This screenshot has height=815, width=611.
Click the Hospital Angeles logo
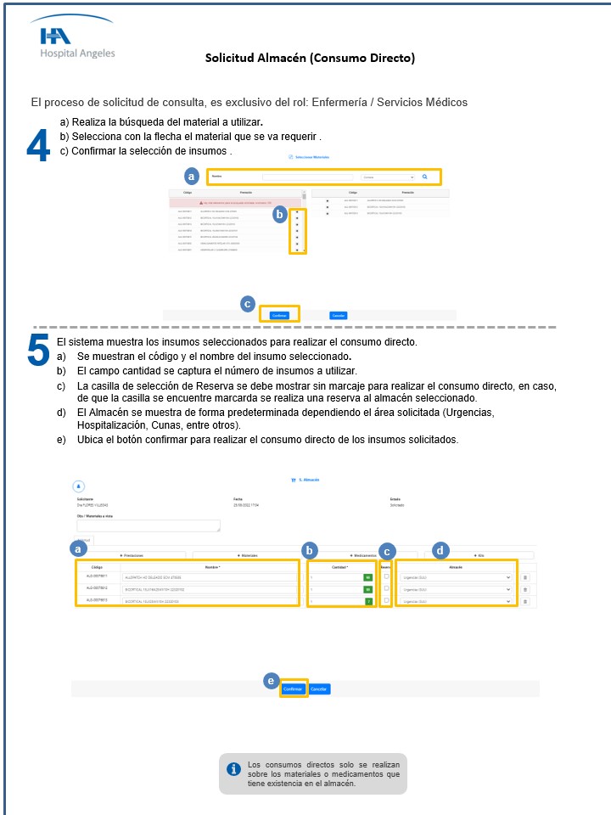(x=77, y=42)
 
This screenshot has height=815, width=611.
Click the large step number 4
(x=38, y=146)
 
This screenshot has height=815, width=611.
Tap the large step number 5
(x=38, y=350)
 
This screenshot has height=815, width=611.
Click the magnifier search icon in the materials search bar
(x=425, y=177)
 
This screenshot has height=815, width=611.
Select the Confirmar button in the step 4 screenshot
(x=280, y=315)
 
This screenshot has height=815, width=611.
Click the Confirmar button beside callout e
(x=294, y=689)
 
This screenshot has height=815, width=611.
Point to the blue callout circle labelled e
(x=271, y=681)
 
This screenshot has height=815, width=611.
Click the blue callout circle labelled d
(x=439, y=549)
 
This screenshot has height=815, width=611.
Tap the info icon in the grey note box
(x=234, y=768)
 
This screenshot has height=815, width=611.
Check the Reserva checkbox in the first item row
(x=386, y=576)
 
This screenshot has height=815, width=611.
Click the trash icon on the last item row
(x=524, y=601)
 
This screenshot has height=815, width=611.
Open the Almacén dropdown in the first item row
(x=457, y=577)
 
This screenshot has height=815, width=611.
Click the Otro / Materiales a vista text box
(x=149, y=526)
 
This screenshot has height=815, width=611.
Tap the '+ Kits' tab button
(x=479, y=555)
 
